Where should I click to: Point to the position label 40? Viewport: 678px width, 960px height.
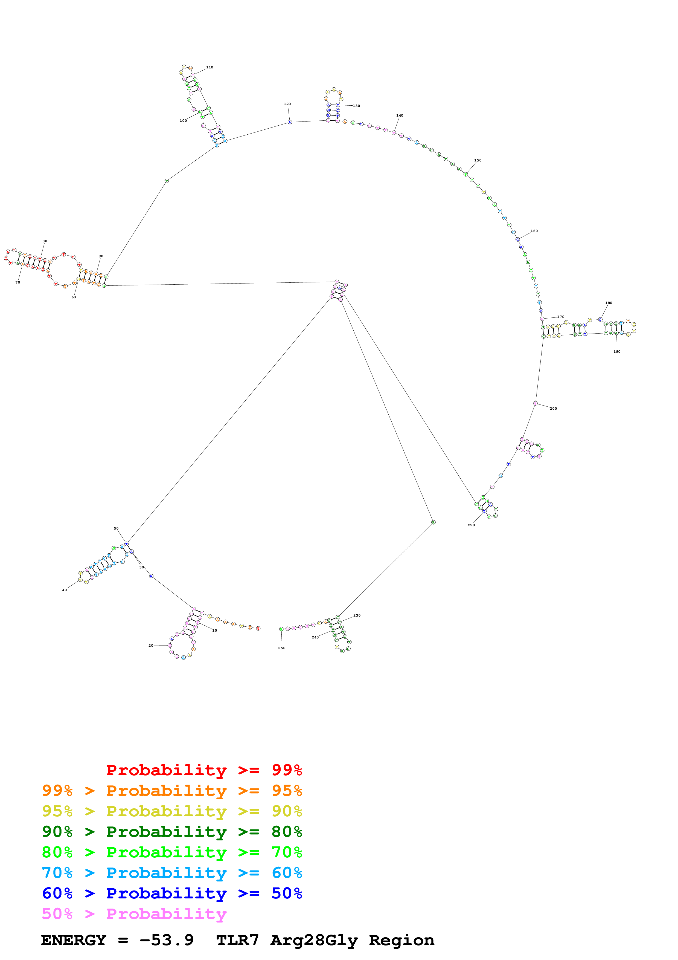click(64, 590)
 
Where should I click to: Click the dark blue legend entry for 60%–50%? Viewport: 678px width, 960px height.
click(172, 894)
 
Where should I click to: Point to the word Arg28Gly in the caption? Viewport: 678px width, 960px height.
click(314, 940)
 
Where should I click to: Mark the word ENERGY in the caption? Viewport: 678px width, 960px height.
click(74, 940)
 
